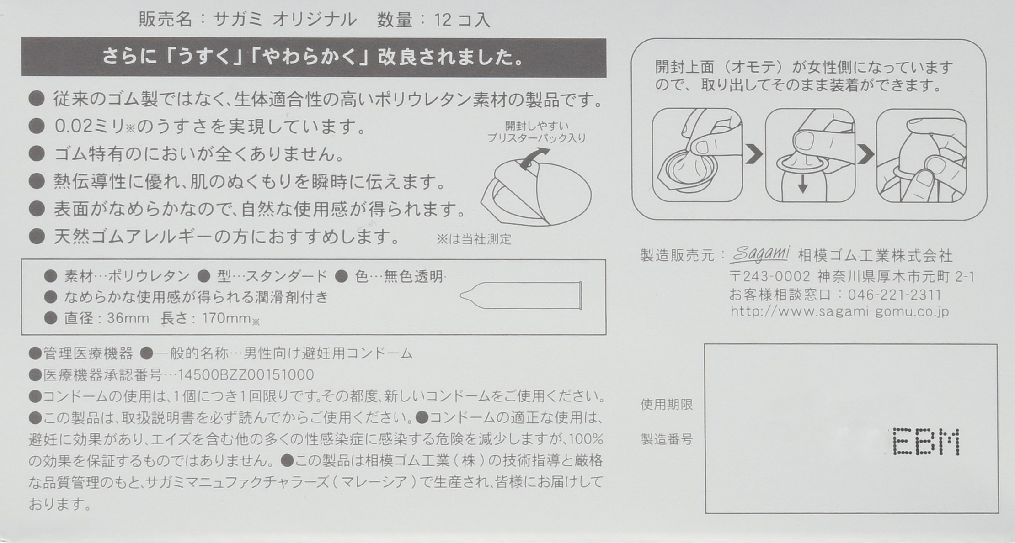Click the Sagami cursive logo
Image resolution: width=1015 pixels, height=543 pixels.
tap(759, 254)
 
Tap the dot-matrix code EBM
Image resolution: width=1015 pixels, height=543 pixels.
tap(926, 442)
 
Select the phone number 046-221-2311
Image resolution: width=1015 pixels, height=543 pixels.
tap(895, 295)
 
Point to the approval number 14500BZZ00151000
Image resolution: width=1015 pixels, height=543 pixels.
tap(246, 375)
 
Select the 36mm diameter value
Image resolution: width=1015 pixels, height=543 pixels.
tap(128, 318)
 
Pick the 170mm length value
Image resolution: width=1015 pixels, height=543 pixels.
tap(226, 318)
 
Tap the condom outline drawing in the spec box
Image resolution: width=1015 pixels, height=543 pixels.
tap(521, 296)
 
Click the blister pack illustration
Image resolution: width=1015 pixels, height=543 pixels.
tap(536, 194)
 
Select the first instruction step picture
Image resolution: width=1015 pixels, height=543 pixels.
tap(697, 155)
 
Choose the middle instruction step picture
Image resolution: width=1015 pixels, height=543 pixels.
tap(810, 155)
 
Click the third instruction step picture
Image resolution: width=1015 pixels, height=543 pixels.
tap(921, 155)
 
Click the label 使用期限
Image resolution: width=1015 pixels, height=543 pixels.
tap(667, 405)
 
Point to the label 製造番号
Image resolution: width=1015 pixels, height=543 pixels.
tap(667, 439)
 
